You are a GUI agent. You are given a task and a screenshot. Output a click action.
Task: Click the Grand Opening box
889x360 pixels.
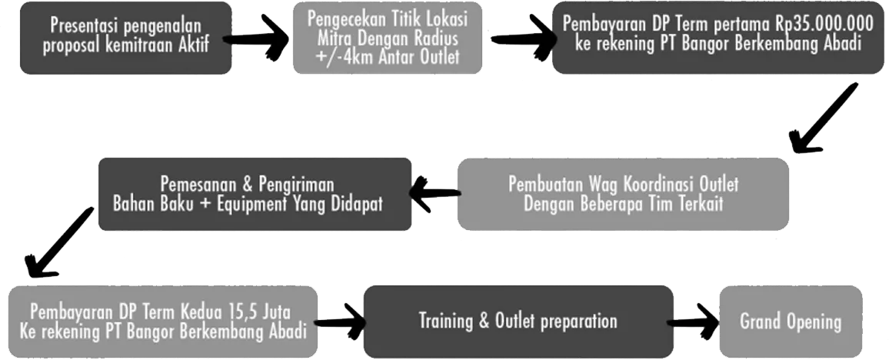pos(791,322)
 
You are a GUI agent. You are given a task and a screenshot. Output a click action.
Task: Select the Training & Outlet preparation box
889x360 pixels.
pos(518,320)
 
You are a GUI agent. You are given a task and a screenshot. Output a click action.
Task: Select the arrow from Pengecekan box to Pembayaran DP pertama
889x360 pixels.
pos(519,36)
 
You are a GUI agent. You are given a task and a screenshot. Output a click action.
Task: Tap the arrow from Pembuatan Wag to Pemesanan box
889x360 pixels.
pos(432,194)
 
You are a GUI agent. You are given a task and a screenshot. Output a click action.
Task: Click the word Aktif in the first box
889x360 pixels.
pos(192,42)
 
